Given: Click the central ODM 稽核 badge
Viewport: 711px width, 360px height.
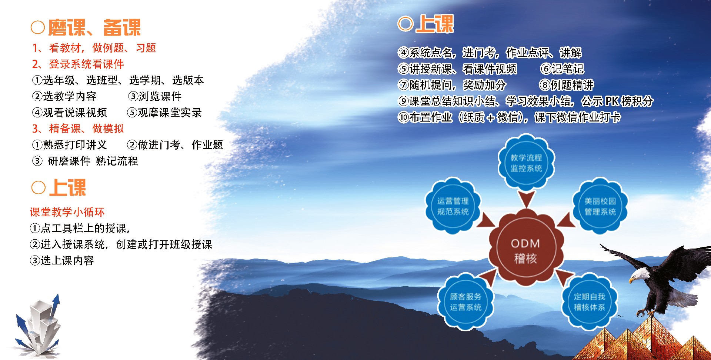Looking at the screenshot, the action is [x=525, y=247].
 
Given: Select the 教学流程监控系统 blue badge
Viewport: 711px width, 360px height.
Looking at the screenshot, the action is [x=526, y=163].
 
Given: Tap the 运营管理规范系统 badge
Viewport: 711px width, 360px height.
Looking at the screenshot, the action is [x=453, y=206].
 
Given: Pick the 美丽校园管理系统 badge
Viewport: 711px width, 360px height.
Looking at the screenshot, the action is [x=600, y=206].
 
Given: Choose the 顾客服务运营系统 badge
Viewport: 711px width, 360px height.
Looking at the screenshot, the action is [x=465, y=301].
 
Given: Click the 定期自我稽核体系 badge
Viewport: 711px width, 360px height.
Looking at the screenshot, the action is [x=589, y=301].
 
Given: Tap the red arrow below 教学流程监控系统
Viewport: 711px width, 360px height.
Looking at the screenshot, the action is [x=526, y=199].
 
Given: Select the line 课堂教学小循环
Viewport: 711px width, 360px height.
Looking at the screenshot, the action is [x=67, y=212].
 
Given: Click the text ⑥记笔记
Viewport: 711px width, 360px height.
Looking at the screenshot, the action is [x=562, y=69].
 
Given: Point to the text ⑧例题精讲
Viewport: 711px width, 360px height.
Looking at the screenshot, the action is [x=567, y=85].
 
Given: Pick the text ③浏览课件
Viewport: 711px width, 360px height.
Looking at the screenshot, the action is [x=155, y=96].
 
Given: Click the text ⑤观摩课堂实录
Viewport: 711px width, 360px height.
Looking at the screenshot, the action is [x=164, y=113].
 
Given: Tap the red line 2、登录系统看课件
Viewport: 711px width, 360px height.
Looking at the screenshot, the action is [x=78, y=64].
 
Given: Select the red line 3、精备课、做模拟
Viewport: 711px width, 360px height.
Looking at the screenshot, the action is [x=78, y=129].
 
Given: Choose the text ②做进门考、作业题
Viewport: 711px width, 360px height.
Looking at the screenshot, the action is [x=175, y=145].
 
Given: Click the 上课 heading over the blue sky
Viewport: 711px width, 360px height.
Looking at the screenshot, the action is [x=426, y=24].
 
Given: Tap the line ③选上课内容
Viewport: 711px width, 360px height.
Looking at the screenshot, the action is [x=62, y=260].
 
